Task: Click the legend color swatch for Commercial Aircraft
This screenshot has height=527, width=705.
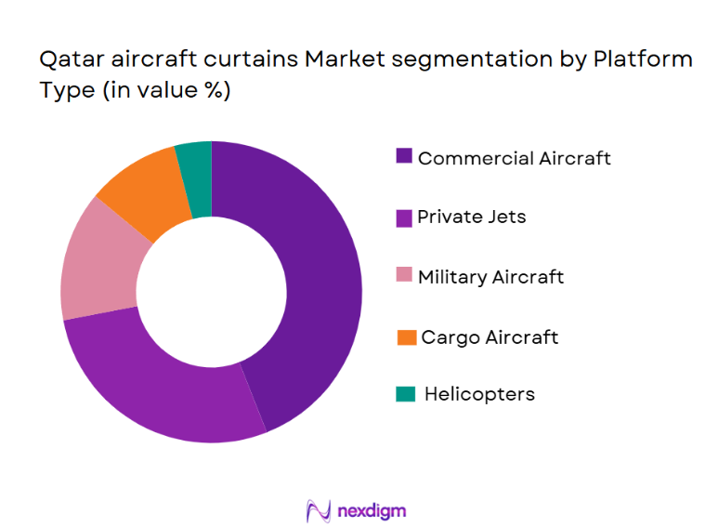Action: pyautogui.click(x=404, y=157)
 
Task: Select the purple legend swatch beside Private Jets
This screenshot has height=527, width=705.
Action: pyautogui.click(x=404, y=217)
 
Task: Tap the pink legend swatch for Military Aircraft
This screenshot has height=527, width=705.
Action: pyautogui.click(x=404, y=277)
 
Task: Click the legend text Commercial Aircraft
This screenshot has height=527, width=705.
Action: pyautogui.click(x=514, y=158)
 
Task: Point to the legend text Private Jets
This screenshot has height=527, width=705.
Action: pyautogui.click(x=471, y=217)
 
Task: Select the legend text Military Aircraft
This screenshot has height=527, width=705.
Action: pyautogui.click(x=490, y=277)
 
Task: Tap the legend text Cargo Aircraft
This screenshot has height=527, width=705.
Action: pyautogui.click(x=490, y=337)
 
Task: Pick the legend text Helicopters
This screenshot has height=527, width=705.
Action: pyautogui.click(x=479, y=394)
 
